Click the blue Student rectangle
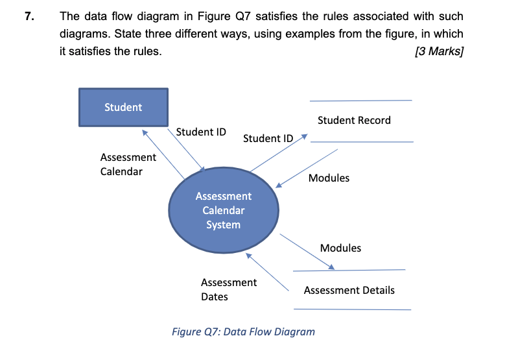coord(123,107)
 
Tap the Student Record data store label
coord(354,120)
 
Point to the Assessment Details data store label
coord(349,290)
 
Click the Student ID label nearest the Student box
coord(201,132)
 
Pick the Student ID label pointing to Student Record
coord(268,138)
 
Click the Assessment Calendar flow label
coord(128,164)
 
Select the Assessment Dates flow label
coord(228,289)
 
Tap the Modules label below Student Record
coord(329,178)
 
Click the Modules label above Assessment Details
coord(340,248)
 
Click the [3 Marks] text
coord(438,51)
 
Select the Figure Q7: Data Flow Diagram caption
coord(243,331)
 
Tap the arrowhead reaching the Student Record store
coord(305,138)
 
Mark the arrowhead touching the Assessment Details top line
coord(332,267)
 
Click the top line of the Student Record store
coord(360,101)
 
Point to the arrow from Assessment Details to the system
coord(268,271)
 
